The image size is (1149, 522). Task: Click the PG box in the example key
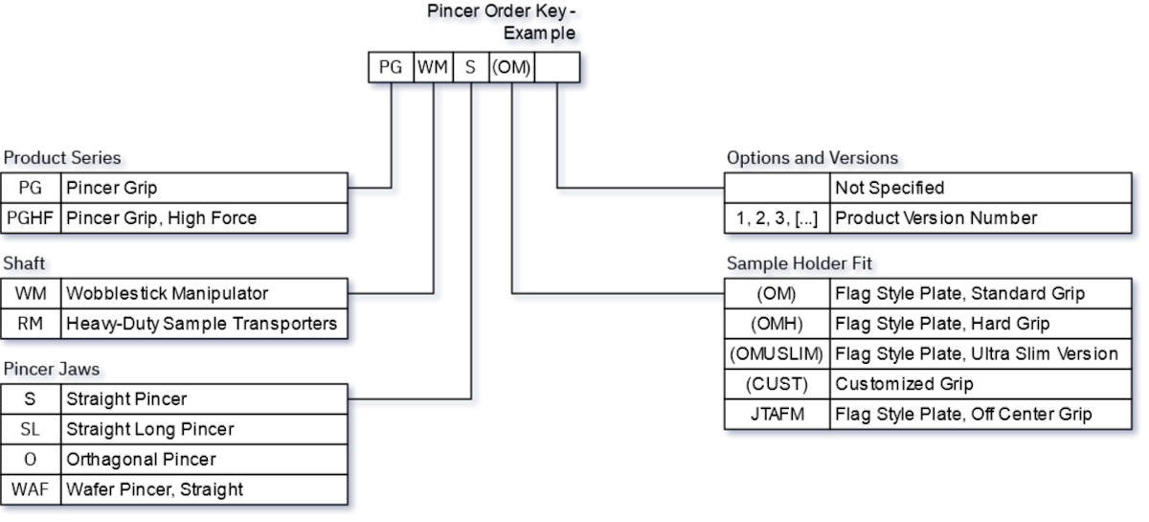391,67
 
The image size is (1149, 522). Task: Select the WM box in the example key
433,67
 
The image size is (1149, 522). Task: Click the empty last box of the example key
556,67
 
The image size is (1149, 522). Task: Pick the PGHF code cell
31,218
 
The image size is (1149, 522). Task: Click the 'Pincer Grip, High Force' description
161,218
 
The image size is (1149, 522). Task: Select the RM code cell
31,324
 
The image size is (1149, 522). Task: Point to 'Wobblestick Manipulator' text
167,294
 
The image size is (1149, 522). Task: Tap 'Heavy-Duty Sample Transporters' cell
201,324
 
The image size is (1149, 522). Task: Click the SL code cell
31,429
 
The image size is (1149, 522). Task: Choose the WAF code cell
31,489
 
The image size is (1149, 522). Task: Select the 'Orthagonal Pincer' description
141,460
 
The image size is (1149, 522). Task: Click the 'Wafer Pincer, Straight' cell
154,489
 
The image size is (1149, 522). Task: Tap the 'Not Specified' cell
890,189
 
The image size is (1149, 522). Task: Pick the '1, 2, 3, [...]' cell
777,218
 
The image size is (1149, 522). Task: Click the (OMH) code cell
777,324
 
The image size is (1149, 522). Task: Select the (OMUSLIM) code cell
777,354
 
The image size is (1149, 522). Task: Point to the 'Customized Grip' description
904,384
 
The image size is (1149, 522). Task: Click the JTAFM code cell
777,415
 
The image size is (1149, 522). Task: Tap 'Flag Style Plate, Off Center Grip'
963,415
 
